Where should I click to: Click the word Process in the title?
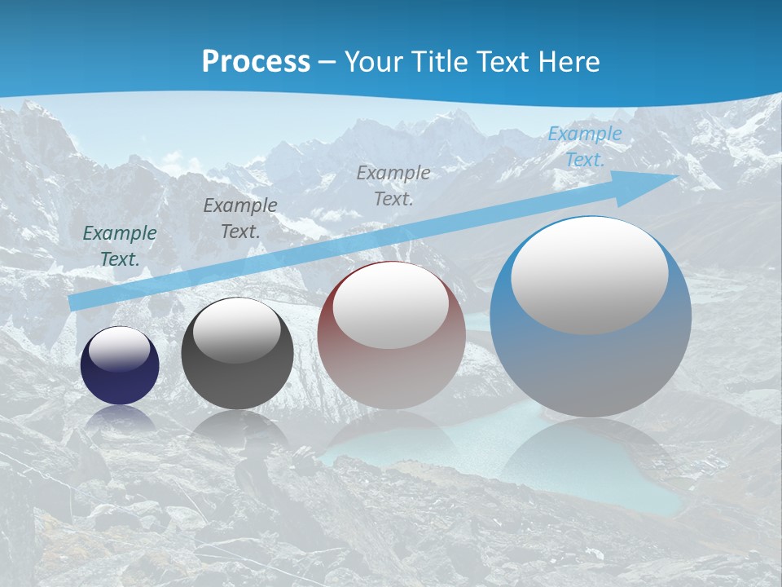coord(256,62)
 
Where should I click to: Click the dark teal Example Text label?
coord(120,246)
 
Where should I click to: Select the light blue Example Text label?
coord(584,147)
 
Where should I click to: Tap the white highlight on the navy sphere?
coord(120,349)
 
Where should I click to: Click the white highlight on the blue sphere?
coord(589,275)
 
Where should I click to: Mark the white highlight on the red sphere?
coord(390,306)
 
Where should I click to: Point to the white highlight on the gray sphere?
coord(236,330)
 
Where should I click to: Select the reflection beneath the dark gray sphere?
coord(236,428)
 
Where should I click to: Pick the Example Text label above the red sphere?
coord(393,185)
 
